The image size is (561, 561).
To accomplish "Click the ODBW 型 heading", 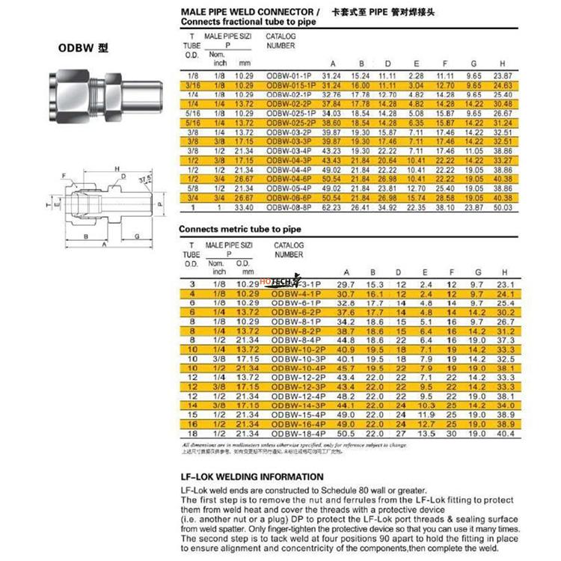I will point(83,47).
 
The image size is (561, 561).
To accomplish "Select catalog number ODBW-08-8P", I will point(290,206).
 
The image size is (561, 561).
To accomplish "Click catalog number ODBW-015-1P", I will point(290,86).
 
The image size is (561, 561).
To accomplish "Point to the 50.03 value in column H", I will point(503,206).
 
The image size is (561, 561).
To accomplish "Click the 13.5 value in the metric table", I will point(426,433).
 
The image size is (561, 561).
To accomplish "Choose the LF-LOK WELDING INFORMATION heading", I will point(252,476).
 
